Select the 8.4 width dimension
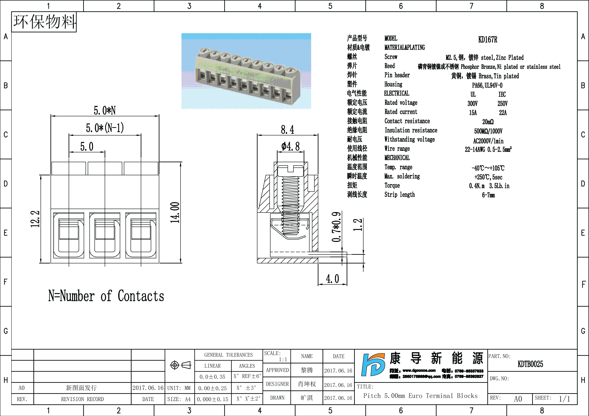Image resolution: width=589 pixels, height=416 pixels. (x=287, y=130)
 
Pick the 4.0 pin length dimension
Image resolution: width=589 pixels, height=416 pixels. (x=332, y=279)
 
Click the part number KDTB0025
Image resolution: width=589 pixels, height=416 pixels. (x=530, y=364)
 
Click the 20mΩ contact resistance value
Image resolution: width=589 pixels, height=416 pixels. (x=488, y=122)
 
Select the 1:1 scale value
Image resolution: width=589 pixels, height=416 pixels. (x=283, y=359)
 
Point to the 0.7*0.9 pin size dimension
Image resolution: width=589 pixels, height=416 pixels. (x=336, y=227)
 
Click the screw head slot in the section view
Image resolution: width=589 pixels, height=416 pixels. (x=291, y=169)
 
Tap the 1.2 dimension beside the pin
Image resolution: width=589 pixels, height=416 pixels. (x=358, y=225)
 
